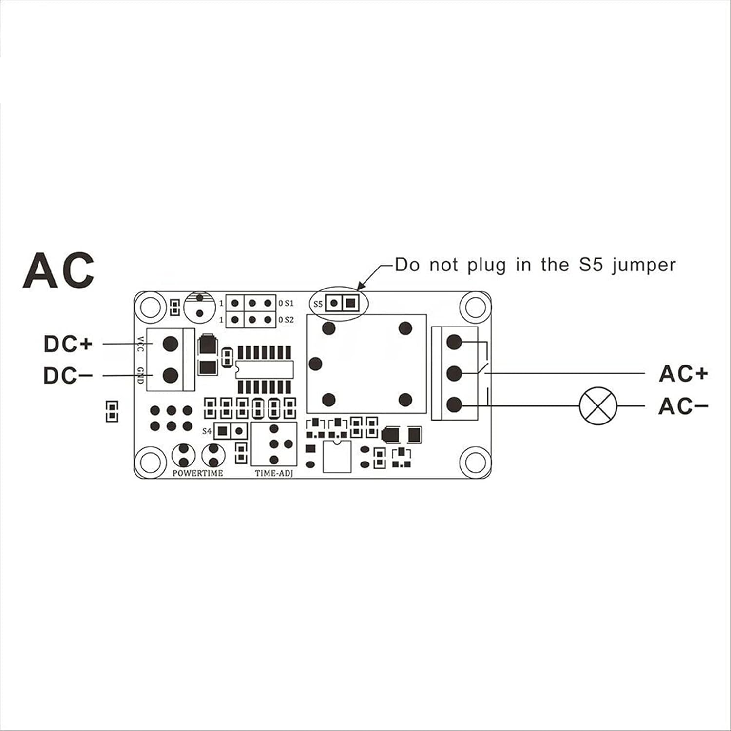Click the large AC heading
click(x=58, y=270)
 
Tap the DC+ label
click(x=68, y=344)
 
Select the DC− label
click(x=68, y=376)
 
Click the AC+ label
click(x=683, y=374)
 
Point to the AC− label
click(x=683, y=406)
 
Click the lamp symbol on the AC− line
click(x=598, y=406)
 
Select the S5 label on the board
click(x=318, y=304)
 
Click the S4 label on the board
click(x=207, y=431)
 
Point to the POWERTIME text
click(x=198, y=473)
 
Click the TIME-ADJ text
click(x=274, y=473)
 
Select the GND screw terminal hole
click(x=170, y=375)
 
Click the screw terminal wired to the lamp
click(x=454, y=405)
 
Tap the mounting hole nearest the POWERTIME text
click(x=149, y=460)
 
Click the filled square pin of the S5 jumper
click(x=349, y=303)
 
